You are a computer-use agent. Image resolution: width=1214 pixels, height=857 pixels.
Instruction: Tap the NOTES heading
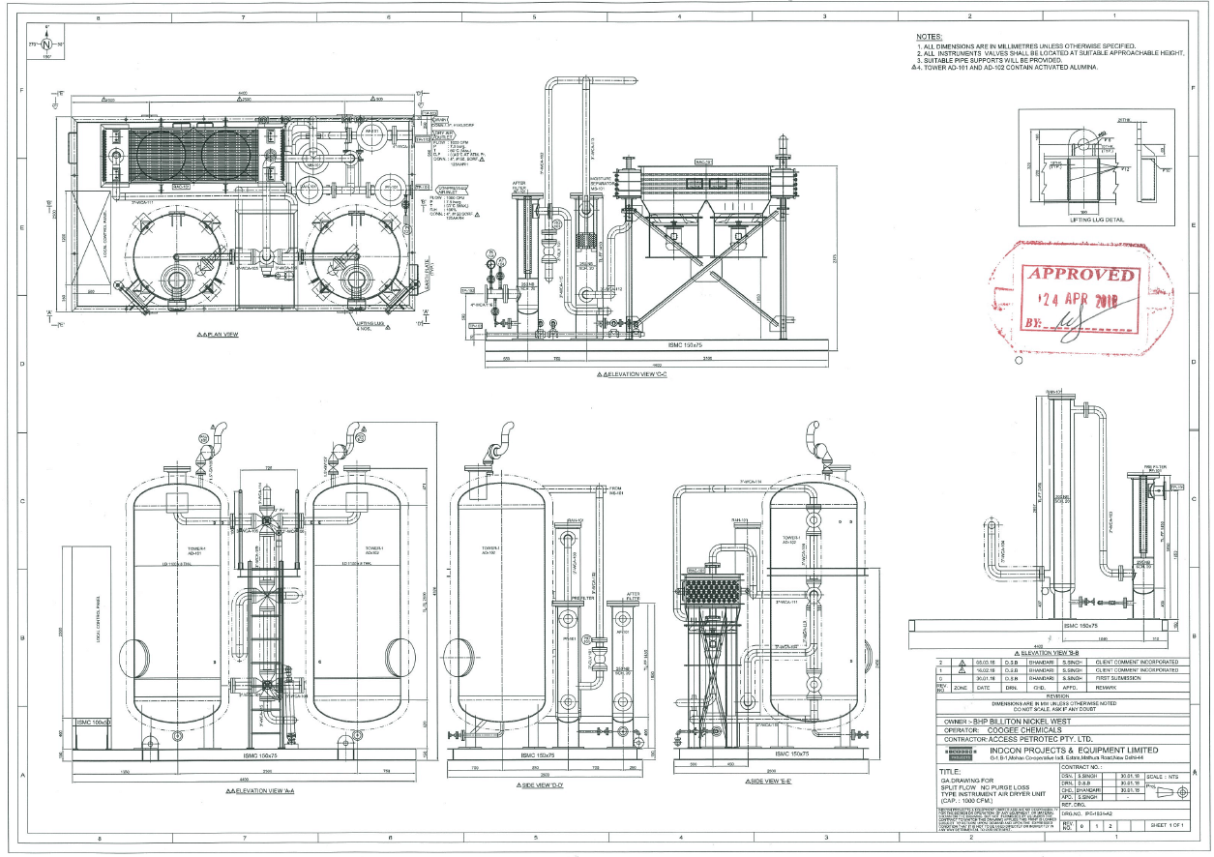pyautogui.click(x=930, y=36)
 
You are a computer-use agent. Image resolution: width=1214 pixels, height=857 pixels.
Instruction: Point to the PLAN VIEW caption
pyautogui.click(x=218, y=335)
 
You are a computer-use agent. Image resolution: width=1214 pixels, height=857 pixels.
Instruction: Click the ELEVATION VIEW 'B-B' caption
pyautogui.click(x=1042, y=654)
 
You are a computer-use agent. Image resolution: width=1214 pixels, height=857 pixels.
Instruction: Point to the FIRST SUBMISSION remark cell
pyautogui.click(x=1119, y=678)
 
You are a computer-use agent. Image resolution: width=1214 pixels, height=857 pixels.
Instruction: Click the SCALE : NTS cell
pyautogui.click(x=1167, y=777)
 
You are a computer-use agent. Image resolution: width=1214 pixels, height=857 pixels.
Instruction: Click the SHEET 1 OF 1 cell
pyautogui.click(x=1169, y=824)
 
